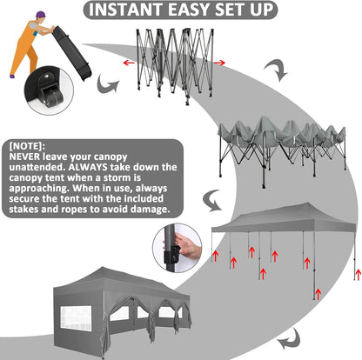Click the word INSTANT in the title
coord(126,10)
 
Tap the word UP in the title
coord(262,10)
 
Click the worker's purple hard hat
coord(40,15)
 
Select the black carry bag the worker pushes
coord(72,53)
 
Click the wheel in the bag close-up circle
coord(53,96)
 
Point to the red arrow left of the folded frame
coord(129,63)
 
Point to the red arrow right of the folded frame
coord(219,63)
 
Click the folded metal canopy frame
coord(175,65)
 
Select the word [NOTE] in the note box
coord(27,146)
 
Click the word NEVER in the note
coord(24,157)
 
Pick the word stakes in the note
coord(24,209)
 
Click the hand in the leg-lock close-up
coord(188,247)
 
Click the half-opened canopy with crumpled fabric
coord(282,150)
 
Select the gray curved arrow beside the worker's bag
coord(107,84)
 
